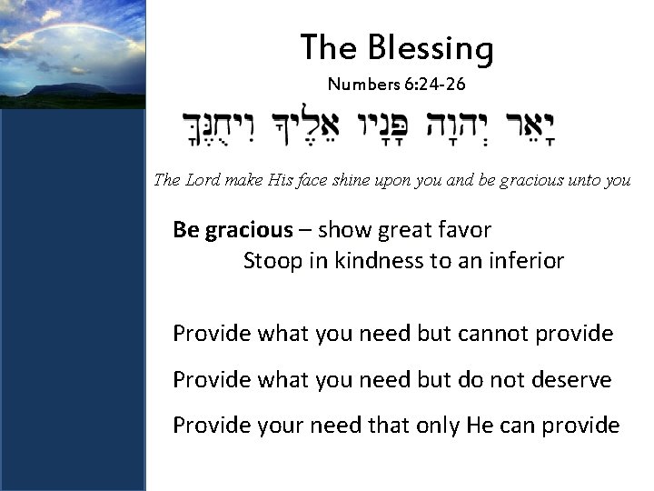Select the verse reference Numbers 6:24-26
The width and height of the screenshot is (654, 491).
(397, 85)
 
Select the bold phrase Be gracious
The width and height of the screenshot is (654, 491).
(233, 228)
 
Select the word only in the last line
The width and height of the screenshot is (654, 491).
(435, 425)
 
